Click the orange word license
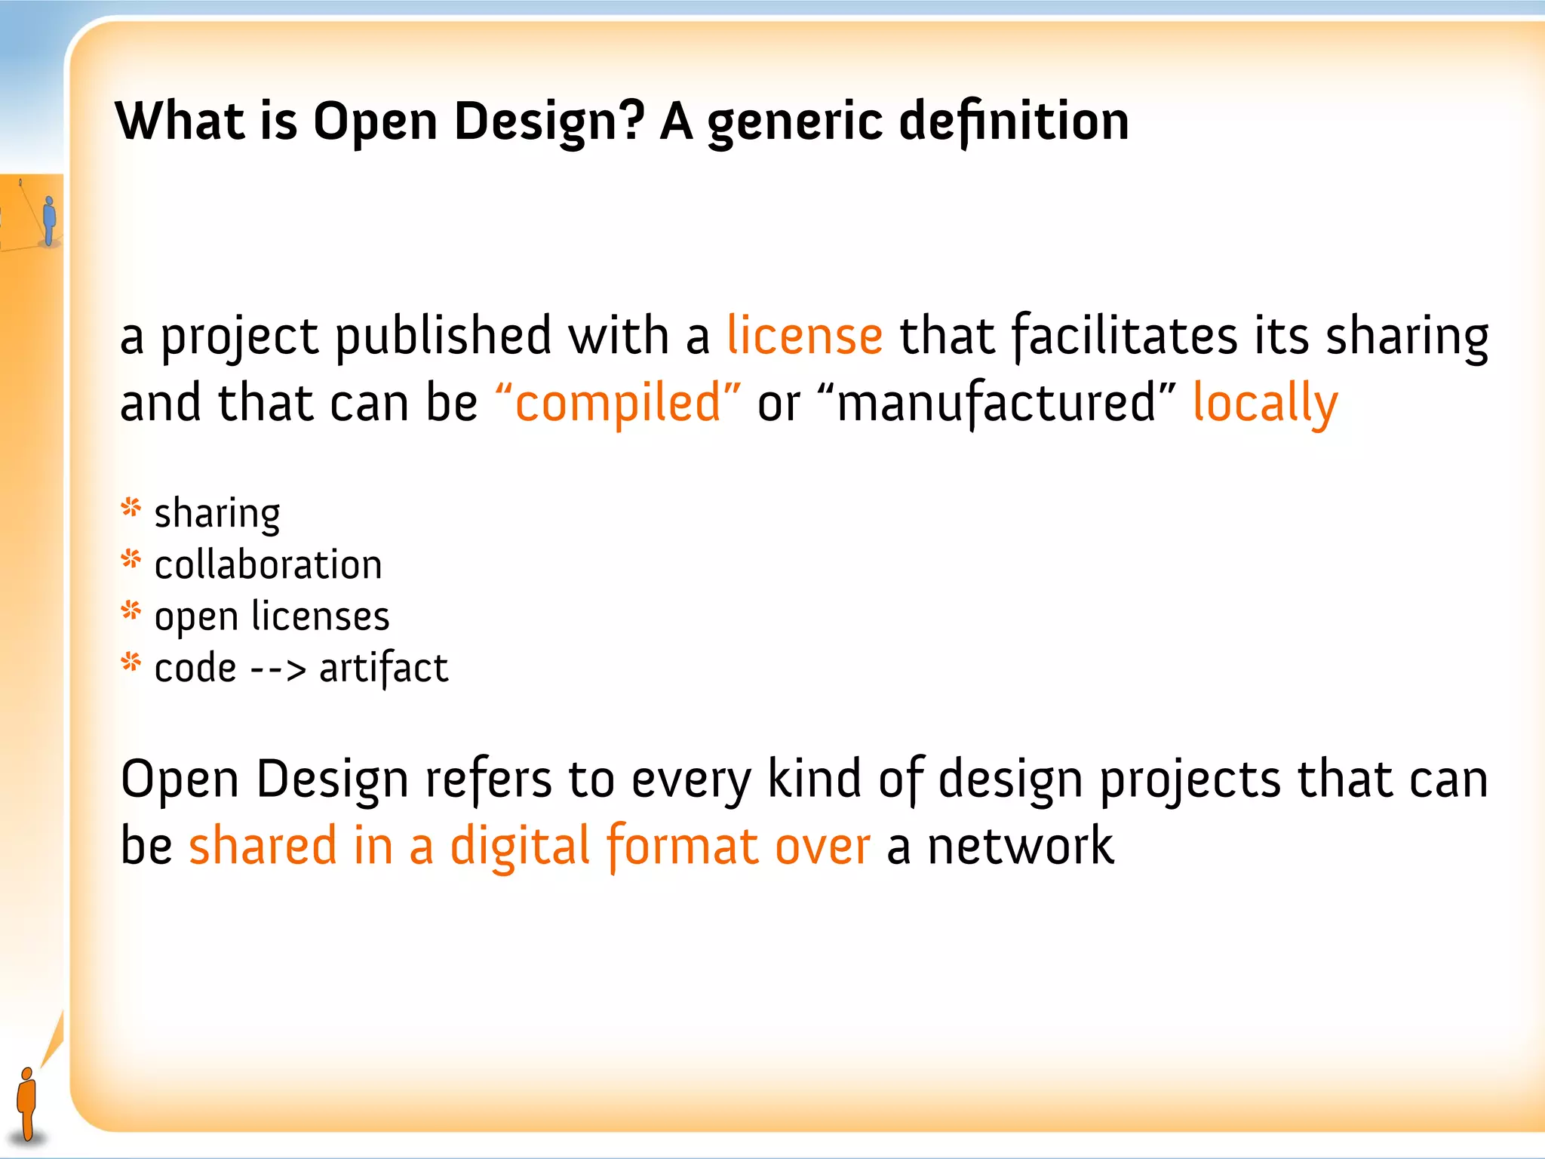coord(804,336)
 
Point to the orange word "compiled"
coord(618,402)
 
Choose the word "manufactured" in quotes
coord(996,402)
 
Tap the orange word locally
coord(1265,404)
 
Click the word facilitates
coord(1124,336)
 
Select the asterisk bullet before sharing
coord(131,509)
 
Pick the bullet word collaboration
coord(268,565)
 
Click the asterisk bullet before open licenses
coord(131,611)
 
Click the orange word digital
coord(520,846)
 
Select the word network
coord(1020,846)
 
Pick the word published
coord(443,336)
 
